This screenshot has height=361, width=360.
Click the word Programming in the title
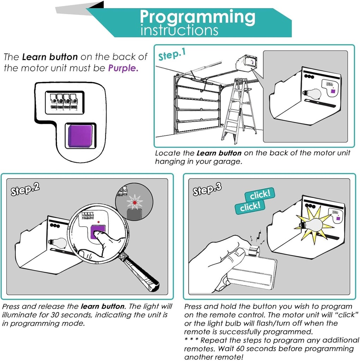click(197, 17)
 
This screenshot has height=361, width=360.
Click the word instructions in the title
click(179, 31)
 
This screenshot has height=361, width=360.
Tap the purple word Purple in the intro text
click(123, 68)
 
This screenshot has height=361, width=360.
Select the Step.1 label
click(172, 55)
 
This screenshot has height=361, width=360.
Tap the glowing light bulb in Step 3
click(314, 225)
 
